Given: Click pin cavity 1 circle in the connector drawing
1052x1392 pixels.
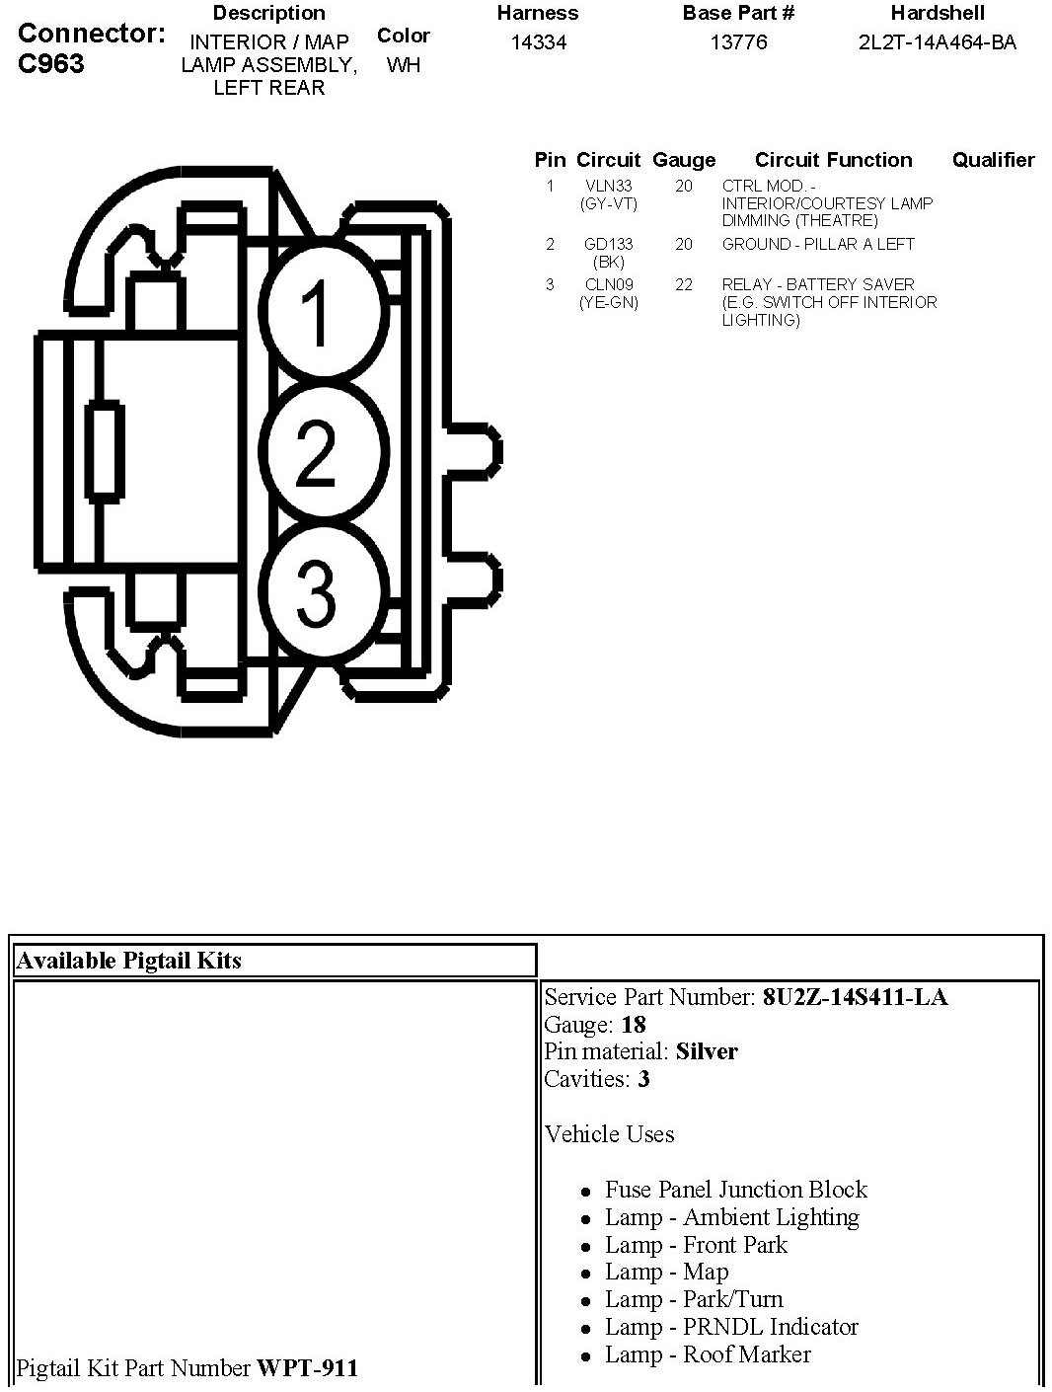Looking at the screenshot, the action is pos(318,313).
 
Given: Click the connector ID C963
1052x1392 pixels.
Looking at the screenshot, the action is pos(51,64).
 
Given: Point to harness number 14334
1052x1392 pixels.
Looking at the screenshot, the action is pos(539,42).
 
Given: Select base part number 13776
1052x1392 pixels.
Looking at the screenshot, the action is pos(738,42).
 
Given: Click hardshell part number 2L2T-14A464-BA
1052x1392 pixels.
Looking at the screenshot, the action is pos(937,42).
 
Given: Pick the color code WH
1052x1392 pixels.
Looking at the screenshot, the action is pos(404,65).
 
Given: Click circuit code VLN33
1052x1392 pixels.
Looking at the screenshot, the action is pos(608,186).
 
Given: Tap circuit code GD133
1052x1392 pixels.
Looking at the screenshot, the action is pos(608,244).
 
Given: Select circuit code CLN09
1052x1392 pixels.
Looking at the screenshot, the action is pos(608,284).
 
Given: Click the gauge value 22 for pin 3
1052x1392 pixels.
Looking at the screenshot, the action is pos(684,284).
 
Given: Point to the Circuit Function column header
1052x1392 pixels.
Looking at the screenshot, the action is pos(833,160).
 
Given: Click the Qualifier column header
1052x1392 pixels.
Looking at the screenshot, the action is pos(993,160).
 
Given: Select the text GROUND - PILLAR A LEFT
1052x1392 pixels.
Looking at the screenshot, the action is pos(818,244).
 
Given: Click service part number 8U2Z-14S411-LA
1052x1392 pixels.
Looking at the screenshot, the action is pos(855,997).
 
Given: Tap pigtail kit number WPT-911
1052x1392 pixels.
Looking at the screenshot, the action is pos(307,1368).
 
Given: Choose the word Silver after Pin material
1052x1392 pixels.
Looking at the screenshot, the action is pos(707,1051).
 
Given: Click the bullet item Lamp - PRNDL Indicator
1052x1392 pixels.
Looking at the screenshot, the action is pos(731,1327).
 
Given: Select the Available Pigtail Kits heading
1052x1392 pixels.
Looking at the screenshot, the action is pos(129,961).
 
